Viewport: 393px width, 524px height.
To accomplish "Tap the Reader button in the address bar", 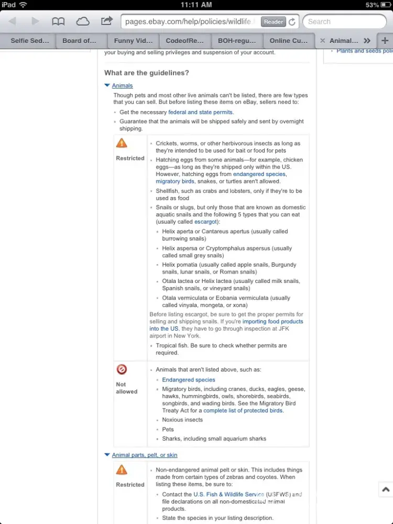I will coord(274,21).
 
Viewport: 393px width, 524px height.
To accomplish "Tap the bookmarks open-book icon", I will coord(58,21).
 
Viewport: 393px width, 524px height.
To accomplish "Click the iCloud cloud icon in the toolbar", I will coord(83,21).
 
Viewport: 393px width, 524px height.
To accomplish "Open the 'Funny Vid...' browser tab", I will coord(133,40).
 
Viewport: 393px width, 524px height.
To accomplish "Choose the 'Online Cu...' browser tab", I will coord(289,40).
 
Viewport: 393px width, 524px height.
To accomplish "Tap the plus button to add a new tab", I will coord(385,40).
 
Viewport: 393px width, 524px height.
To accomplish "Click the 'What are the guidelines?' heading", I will coord(147,73).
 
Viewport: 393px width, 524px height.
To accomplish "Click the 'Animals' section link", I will coord(122,85).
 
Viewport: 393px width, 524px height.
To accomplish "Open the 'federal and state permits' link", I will coord(201,112).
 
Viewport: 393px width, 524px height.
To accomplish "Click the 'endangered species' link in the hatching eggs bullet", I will coord(259,174).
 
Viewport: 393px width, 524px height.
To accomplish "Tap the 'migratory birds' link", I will coord(175,181).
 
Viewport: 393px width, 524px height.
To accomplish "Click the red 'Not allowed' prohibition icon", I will coord(122,369).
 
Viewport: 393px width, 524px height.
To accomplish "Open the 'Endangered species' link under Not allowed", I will coord(189,380).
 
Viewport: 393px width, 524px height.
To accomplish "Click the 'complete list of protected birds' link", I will coord(243,411).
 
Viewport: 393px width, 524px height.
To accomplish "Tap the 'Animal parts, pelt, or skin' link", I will coord(145,455).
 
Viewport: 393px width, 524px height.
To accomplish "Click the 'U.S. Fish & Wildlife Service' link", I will coord(228,494).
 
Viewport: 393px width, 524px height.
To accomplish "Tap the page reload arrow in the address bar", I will coord(292,22).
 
